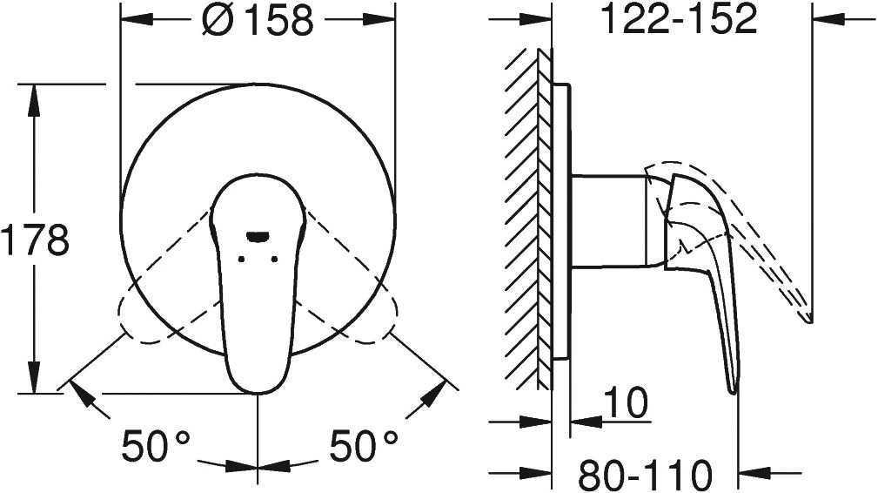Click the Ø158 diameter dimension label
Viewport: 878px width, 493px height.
pos(258,20)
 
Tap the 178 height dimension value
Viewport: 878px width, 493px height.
pos(35,239)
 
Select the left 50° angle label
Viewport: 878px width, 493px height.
pos(157,446)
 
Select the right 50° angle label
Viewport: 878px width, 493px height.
pos(364,446)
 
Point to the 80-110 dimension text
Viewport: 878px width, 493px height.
pos(645,475)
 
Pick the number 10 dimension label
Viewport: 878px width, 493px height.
pos(626,402)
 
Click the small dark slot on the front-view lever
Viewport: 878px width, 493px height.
pos(258,237)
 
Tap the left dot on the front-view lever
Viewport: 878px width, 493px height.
pos(241,259)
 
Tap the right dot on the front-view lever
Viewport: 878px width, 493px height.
pos(274,259)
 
